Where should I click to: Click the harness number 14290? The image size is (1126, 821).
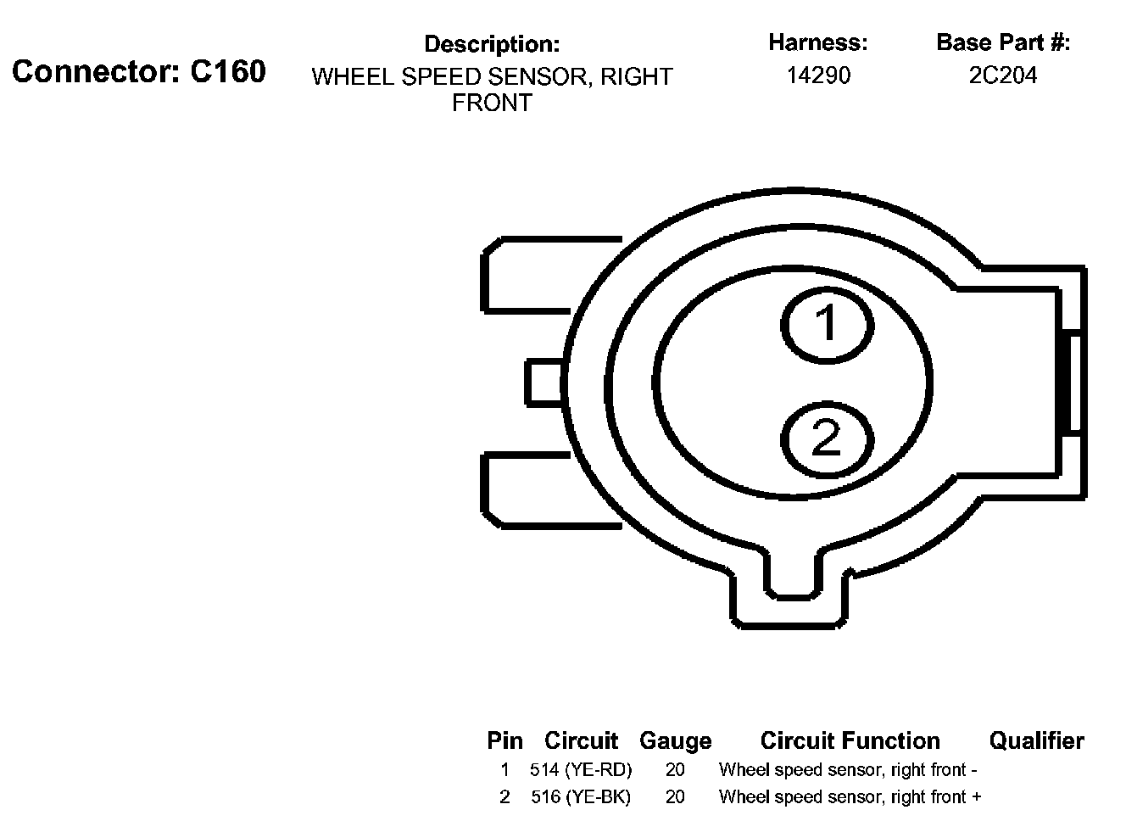pos(817,75)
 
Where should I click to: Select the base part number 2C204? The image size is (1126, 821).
pos(1002,75)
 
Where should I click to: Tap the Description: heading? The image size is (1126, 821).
pos(492,44)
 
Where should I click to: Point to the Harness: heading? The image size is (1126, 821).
pos(817,42)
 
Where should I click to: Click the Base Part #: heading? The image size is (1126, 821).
pos(1002,42)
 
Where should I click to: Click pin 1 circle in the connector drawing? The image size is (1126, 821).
pos(826,324)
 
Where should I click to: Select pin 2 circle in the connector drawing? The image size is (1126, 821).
pos(826,439)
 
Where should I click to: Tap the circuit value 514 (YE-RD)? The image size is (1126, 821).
pos(581,770)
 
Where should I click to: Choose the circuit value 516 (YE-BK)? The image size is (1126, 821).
pos(581,797)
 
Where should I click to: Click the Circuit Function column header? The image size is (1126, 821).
pos(850,741)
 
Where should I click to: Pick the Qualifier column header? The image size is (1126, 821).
pos(1036,741)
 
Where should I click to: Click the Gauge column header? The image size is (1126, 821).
pos(675,741)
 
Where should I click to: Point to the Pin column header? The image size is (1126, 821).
pos(504,741)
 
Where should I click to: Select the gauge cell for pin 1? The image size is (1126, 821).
pos(675,770)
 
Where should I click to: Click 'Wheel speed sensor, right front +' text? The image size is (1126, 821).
pos(850,797)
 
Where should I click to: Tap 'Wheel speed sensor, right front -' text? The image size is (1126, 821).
pos(848,770)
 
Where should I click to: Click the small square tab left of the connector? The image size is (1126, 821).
pos(544,381)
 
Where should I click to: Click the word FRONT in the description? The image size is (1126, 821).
pos(492,103)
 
